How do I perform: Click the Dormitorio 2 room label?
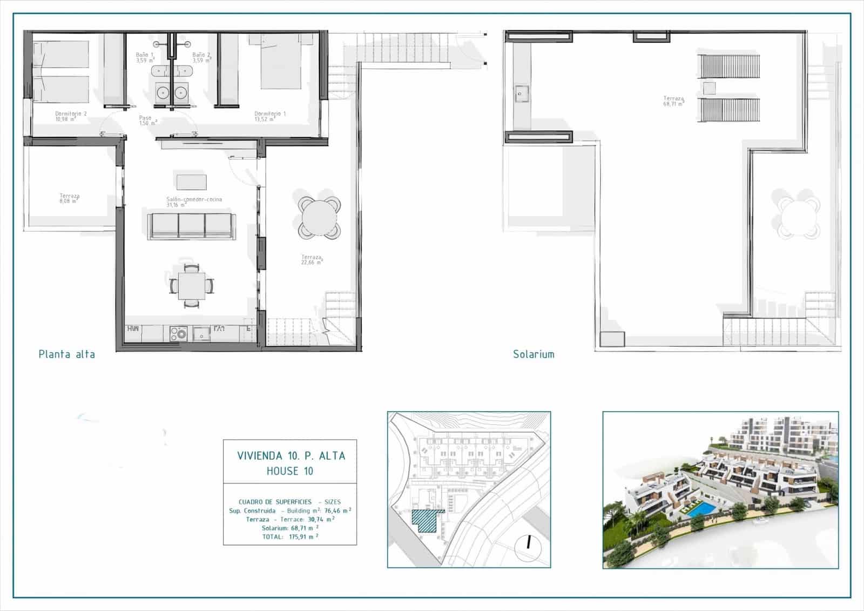(71, 116)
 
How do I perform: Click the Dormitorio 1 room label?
(270, 116)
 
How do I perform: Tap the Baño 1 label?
(145, 57)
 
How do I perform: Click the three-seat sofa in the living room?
(191, 226)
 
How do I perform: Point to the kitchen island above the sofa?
(191, 181)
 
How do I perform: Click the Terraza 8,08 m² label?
(70, 198)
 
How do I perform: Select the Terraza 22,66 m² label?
(312, 260)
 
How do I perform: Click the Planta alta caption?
(67, 354)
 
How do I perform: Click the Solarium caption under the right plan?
(534, 354)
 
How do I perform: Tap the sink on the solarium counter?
(521, 94)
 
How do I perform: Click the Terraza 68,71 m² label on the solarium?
(673, 101)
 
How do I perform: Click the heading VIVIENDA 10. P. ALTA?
(291, 455)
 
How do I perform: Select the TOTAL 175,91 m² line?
(290, 536)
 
